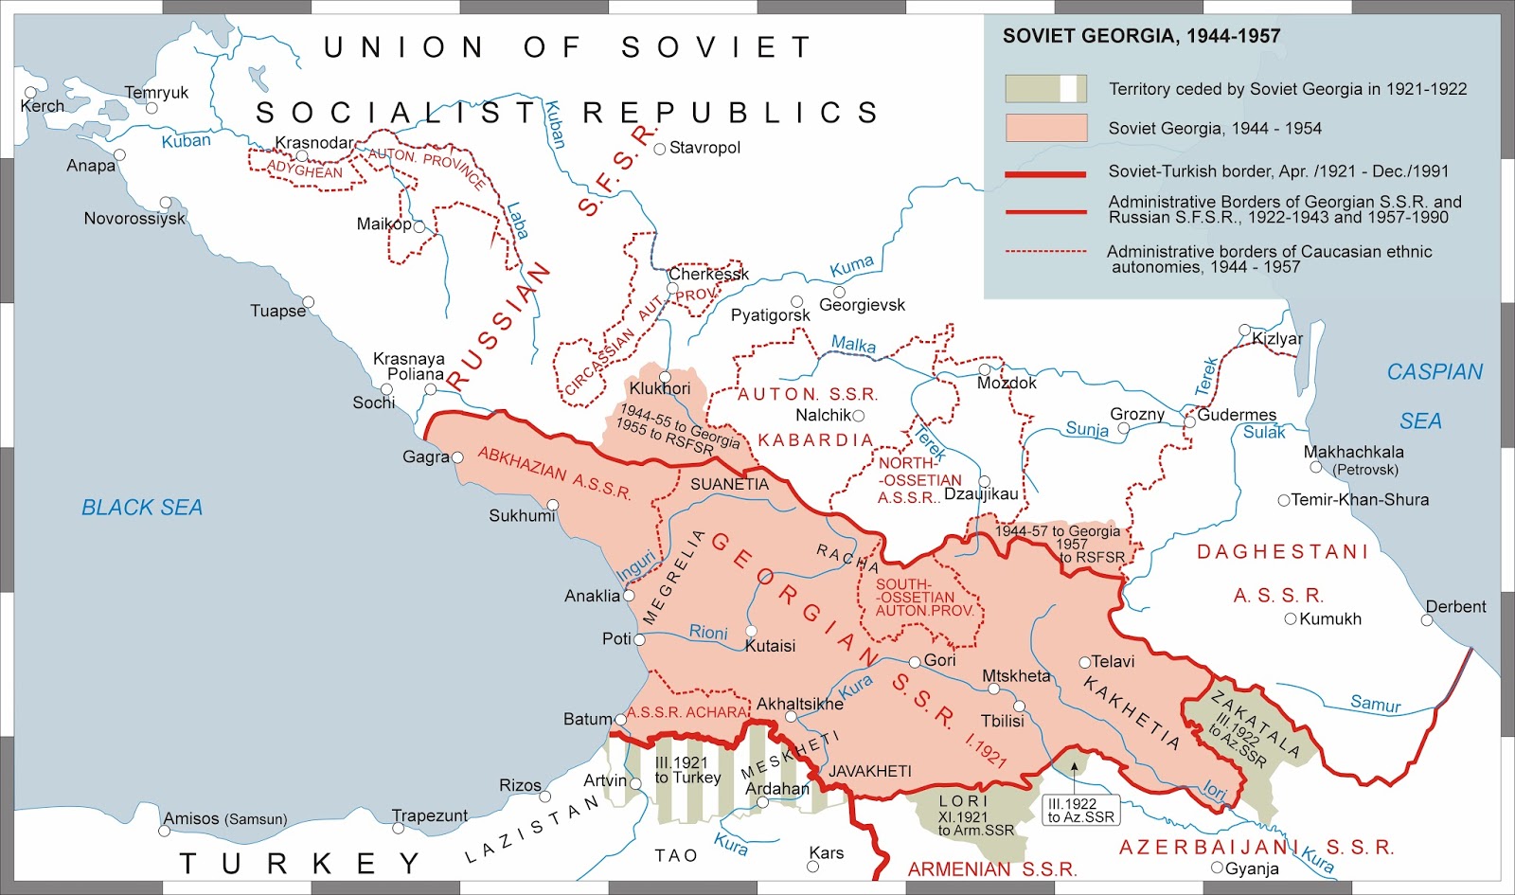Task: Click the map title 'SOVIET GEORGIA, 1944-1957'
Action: pos(1141,36)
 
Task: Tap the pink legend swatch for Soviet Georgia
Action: pos(1045,128)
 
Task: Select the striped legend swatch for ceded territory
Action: pos(1045,89)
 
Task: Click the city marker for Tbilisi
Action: pos(1020,707)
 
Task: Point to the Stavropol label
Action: pos(704,148)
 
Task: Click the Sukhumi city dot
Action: pos(553,505)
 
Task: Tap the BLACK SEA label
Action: pos(142,508)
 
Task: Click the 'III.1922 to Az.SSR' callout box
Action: pos(1080,810)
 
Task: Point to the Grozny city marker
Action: pos(1124,428)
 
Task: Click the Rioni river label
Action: pos(708,633)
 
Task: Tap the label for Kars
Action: pos(827,852)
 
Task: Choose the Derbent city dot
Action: pos(1427,620)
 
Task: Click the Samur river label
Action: pos(1375,704)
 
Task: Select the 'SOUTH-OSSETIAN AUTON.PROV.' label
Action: pos(923,598)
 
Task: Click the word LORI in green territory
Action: pos(963,801)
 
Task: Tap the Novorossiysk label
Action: pos(134,219)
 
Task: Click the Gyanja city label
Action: pos(1252,868)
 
